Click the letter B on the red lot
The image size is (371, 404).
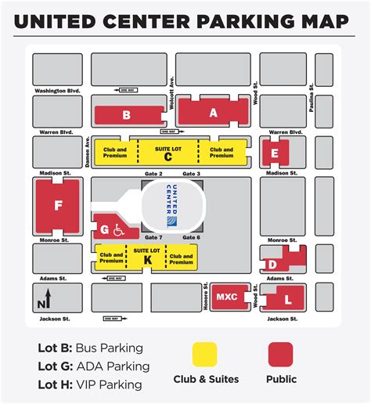[x=125, y=116]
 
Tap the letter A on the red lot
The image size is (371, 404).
[x=213, y=113]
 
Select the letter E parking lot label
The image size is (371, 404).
[x=274, y=154]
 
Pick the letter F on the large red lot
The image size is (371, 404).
[x=57, y=206]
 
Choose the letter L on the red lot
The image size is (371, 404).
[x=287, y=300]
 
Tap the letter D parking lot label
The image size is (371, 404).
[x=272, y=265]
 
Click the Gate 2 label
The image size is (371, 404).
[x=154, y=173]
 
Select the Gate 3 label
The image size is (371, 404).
[x=192, y=173]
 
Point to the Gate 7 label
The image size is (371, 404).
[x=154, y=237]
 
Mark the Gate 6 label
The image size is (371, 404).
[x=192, y=237]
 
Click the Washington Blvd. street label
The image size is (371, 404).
[x=58, y=91]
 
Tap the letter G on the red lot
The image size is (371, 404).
[x=106, y=230]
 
